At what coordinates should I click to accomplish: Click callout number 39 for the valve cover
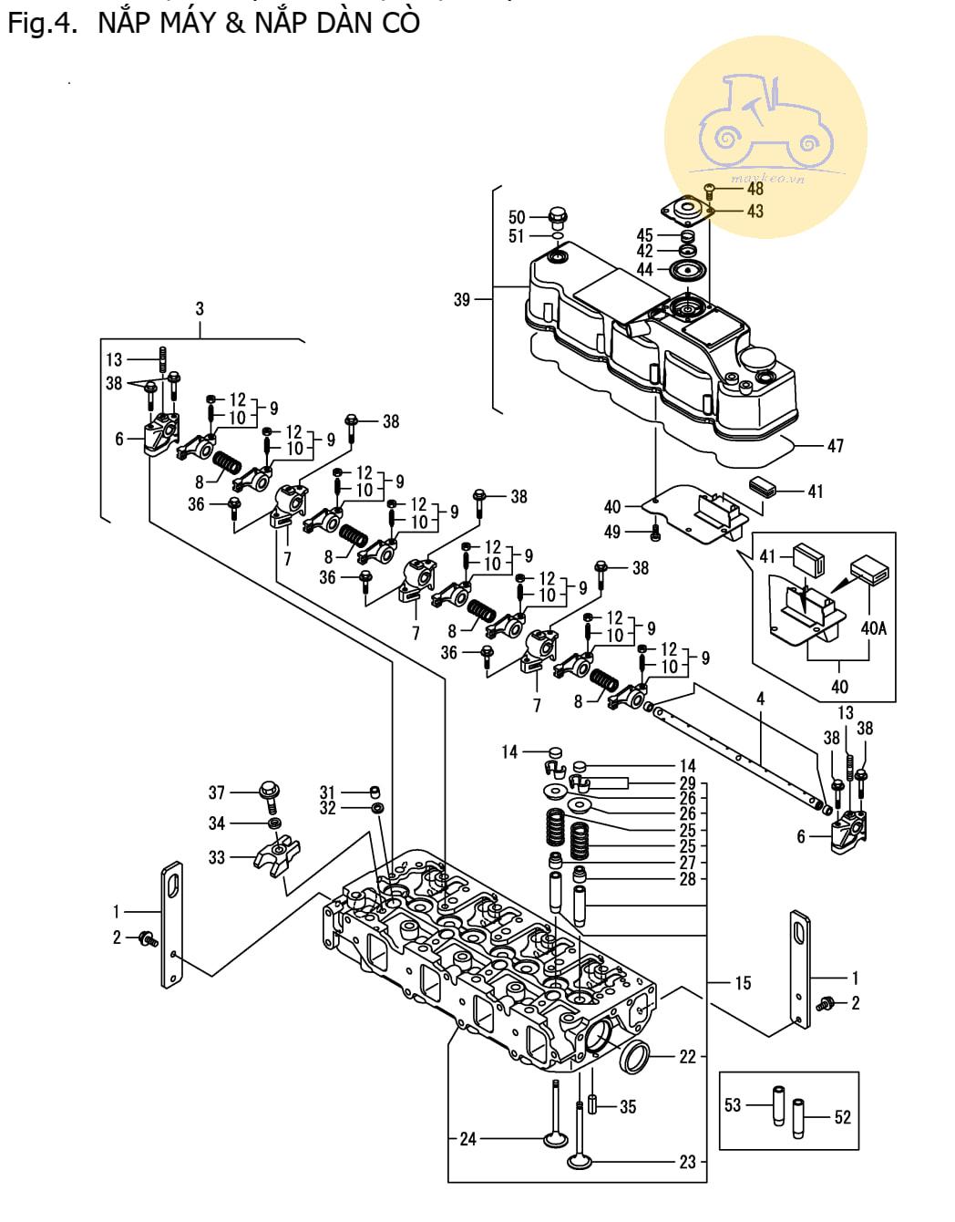pos(462,299)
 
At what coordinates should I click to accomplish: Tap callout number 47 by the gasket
pos(835,446)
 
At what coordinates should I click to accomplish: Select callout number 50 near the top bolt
pos(517,217)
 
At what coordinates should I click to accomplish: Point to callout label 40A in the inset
pos(873,628)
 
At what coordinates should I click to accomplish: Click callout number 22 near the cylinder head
pos(687,1057)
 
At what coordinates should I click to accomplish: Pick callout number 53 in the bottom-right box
pos(733,1105)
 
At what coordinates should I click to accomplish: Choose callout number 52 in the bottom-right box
pos(842,1117)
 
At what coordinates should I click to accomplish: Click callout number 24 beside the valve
pos(467,1139)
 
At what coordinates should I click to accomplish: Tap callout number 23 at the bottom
pos(687,1162)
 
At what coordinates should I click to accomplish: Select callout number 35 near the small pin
pos(628,1107)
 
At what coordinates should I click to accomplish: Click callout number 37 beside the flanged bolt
pos(216,793)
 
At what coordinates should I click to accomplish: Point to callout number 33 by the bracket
pos(216,857)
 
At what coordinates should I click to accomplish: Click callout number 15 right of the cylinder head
pos(743,983)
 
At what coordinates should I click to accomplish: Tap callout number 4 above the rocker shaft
pos(760,699)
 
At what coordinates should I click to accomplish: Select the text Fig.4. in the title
pos(43,23)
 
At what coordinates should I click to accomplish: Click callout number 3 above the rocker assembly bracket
pos(200,309)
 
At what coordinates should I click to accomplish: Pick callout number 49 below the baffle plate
pos(612,532)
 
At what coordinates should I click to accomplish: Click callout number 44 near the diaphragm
pos(644,270)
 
